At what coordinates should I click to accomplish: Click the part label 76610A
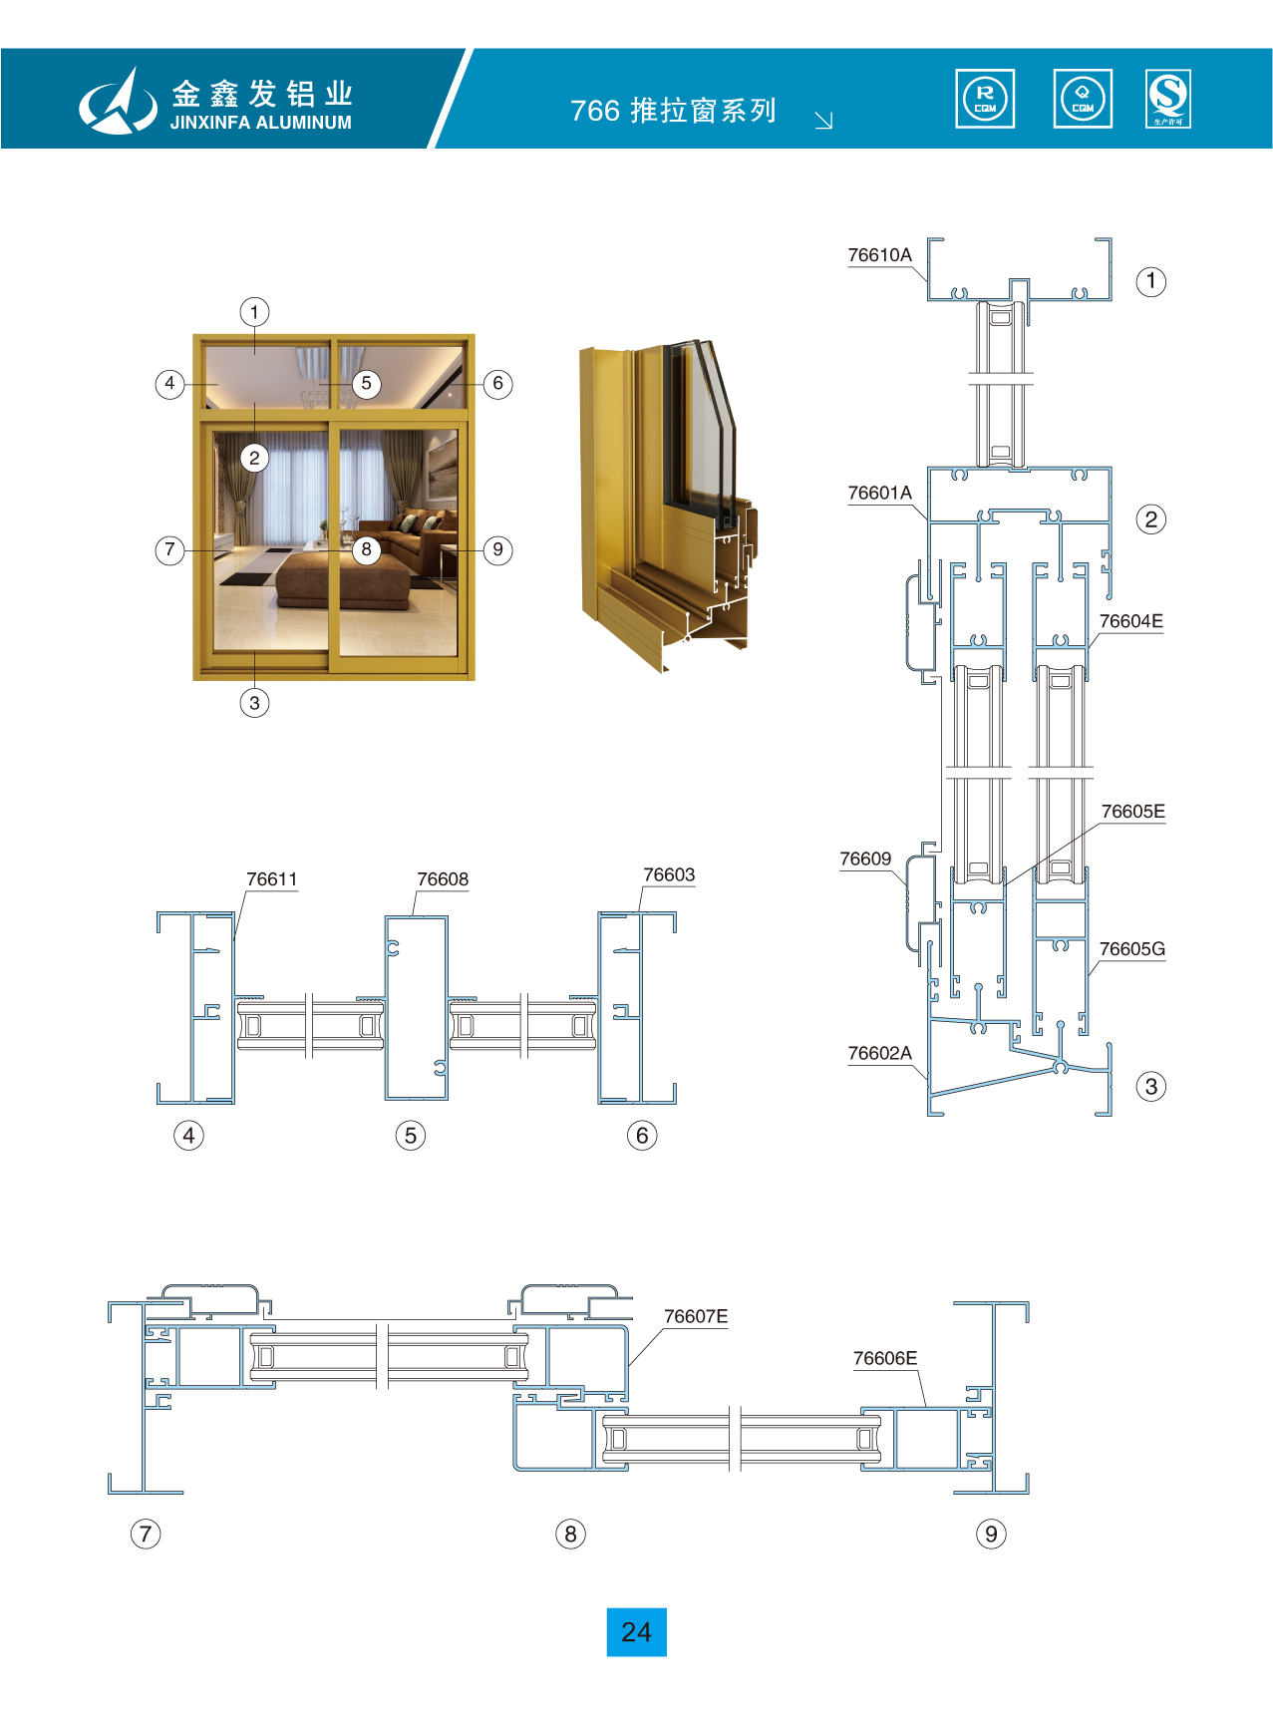[x=879, y=255]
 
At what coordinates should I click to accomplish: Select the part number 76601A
[x=879, y=493]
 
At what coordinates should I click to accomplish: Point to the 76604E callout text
[x=1130, y=621]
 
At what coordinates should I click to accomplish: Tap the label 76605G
[x=1131, y=948]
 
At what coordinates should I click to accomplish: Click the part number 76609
[x=865, y=858]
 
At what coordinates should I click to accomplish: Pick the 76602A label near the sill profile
[x=879, y=1053]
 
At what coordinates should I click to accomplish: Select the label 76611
[x=271, y=878]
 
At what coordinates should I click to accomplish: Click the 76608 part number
[x=443, y=878]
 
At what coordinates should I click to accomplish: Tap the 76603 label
[x=669, y=874]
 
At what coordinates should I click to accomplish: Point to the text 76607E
[x=696, y=1316]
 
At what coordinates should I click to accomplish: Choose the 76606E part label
[x=885, y=1358]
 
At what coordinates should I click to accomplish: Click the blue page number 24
[x=636, y=1632]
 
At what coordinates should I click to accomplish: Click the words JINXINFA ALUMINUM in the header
[x=261, y=123]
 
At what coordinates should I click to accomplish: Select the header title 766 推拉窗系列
[x=673, y=110]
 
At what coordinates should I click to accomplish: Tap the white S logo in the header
[x=1168, y=99]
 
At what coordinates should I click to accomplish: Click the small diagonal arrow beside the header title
[x=823, y=121]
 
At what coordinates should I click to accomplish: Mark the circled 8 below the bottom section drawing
[x=570, y=1534]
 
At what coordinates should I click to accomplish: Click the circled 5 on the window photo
[x=366, y=384]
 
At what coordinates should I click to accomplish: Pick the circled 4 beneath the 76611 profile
[x=188, y=1135]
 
